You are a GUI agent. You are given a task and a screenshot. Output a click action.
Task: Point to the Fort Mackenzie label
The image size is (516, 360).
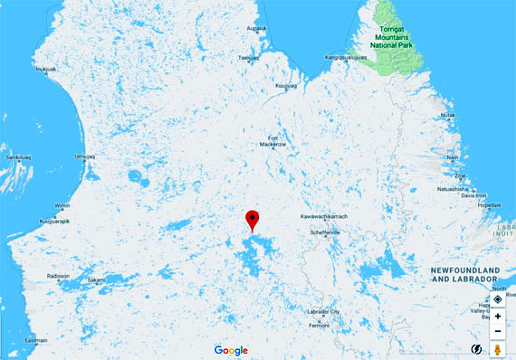tap(272, 141)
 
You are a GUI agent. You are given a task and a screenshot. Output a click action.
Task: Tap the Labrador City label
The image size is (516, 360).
tap(322, 312)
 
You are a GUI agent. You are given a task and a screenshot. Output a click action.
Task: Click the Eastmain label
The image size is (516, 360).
tap(36, 340)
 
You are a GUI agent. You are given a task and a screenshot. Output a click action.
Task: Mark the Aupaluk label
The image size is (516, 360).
tap(257, 28)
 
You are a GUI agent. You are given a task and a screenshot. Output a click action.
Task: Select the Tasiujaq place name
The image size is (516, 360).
tap(249, 57)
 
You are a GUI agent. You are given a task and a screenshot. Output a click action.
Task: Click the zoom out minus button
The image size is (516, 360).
tap(498, 332)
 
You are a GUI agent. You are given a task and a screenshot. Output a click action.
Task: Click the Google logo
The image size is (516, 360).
tap(231, 349)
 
